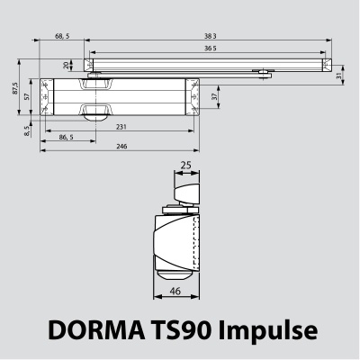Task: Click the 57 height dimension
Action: (28, 94)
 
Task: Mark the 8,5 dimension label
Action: (29, 132)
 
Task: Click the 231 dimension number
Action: (121, 129)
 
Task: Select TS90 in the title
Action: (185, 330)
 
